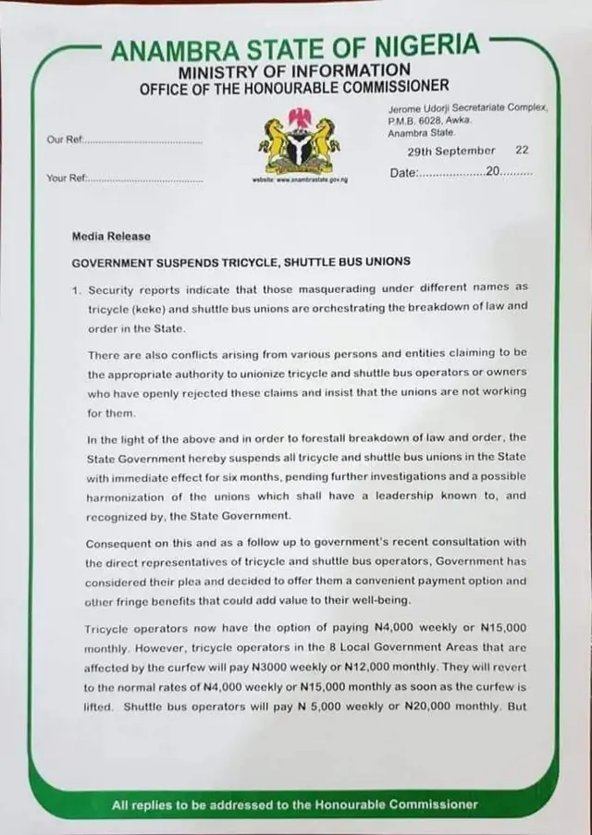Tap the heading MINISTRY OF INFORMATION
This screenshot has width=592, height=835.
294,70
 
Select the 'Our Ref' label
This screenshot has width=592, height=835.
65,140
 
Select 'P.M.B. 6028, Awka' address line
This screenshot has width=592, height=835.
430,119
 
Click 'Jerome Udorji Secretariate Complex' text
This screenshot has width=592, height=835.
468,108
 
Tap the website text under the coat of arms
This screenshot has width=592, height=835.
295,182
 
